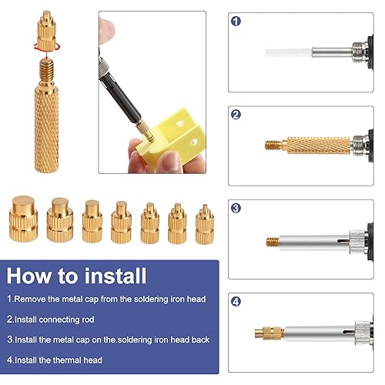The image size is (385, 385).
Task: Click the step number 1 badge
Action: (x=236, y=22)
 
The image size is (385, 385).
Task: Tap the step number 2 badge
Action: (x=236, y=115)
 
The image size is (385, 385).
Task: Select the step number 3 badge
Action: (x=236, y=208)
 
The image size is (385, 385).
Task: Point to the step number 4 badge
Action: (x=236, y=301)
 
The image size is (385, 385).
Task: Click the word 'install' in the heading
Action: (x=115, y=276)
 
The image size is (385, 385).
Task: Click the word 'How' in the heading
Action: (x=29, y=276)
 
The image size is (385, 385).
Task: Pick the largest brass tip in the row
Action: (x=23, y=219)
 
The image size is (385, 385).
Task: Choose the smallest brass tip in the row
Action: (x=205, y=224)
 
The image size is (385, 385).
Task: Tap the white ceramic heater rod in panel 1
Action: (x=290, y=53)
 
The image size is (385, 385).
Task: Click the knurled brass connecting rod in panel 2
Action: (x=318, y=146)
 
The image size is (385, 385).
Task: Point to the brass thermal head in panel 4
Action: (x=269, y=333)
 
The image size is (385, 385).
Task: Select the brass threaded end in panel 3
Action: (x=273, y=242)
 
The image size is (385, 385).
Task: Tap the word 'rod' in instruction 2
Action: (x=88, y=320)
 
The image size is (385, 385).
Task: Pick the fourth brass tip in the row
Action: (x=121, y=223)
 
